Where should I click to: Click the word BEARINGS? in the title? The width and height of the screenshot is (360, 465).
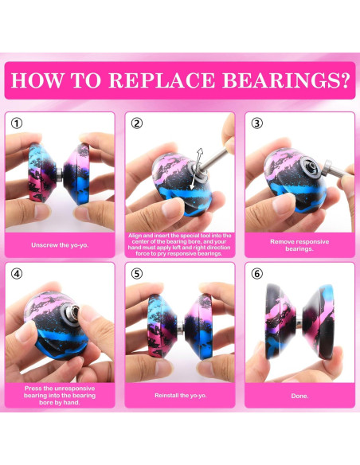pos(286,80)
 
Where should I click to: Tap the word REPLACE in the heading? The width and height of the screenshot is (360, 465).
pos(162,80)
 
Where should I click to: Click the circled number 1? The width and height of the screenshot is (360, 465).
pos(17,123)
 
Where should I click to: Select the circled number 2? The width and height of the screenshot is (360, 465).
pos(137,123)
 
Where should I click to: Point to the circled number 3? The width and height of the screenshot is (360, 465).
pos(256,123)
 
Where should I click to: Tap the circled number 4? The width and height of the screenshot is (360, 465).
pos(17,273)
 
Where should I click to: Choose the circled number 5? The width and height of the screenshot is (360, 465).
pos(137,273)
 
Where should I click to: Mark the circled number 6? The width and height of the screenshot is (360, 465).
pos(256,273)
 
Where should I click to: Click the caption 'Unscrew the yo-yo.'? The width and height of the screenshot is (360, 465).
pos(60,245)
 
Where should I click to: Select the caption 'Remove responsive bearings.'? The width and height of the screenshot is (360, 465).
pos(299,245)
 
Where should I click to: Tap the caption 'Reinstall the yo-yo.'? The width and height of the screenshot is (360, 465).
pos(180,395)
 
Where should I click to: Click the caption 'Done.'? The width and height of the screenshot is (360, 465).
pos(299,396)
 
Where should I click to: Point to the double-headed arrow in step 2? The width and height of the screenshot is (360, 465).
pos(196,169)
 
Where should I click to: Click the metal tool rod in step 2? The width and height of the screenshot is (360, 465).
pos(213,159)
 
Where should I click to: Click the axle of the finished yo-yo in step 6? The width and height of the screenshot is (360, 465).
pos(299,322)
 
